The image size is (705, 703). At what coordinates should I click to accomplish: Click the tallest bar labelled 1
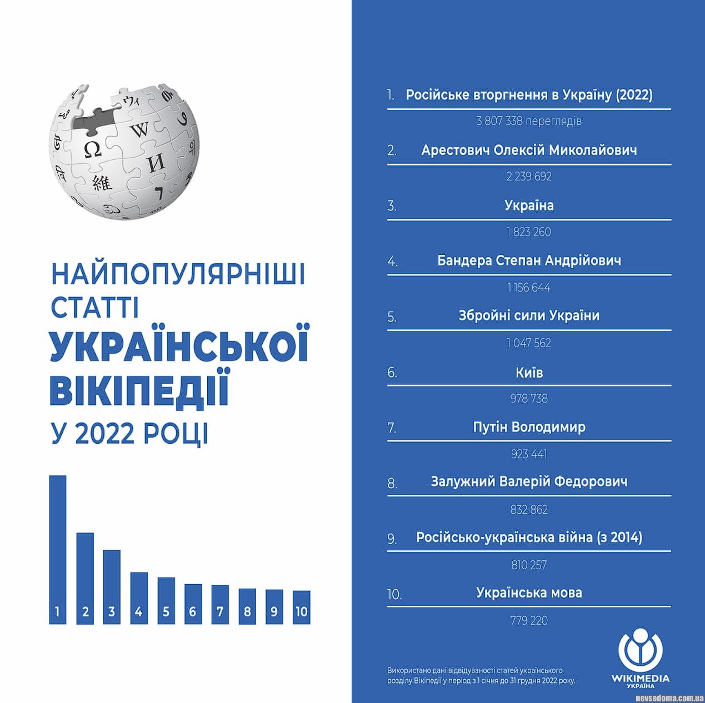58,550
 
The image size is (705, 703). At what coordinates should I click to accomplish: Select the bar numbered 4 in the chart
139,597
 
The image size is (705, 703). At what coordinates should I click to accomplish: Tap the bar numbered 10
301,607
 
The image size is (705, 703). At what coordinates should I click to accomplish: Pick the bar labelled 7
220,604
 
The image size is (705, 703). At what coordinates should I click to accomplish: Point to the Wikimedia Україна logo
640,657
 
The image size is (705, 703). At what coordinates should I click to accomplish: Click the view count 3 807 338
529,121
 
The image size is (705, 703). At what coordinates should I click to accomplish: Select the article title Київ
529,373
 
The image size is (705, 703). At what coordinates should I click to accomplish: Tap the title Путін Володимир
529,427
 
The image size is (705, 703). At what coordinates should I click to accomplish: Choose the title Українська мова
529,593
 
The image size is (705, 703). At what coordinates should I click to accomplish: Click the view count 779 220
529,621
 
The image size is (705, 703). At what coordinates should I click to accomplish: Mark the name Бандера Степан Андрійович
529,260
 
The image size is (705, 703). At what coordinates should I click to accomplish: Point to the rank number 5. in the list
392,317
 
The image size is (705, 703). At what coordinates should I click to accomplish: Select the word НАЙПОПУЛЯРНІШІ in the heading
178,274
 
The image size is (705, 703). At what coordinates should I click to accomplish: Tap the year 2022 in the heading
105,434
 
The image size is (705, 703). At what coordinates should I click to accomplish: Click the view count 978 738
529,399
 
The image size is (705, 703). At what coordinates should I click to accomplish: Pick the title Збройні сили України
529,316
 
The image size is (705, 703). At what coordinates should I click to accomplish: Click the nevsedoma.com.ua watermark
669,698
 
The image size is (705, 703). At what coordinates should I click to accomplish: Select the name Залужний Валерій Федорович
529,481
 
